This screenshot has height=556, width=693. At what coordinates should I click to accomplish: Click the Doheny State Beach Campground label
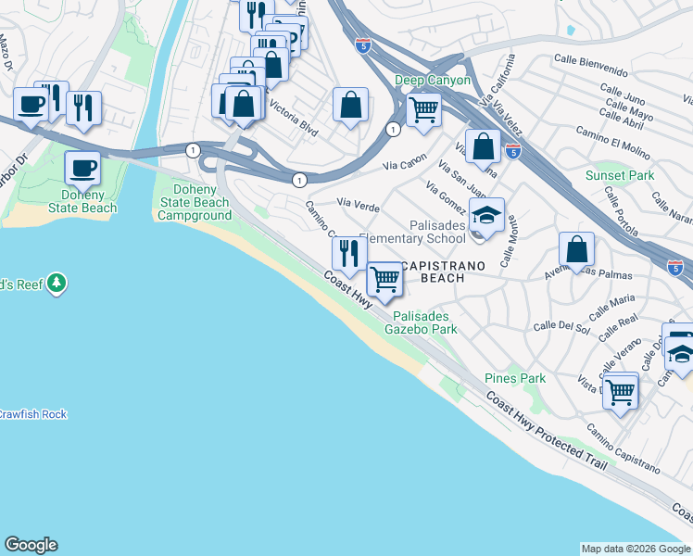pyautogui.click(x=194, y=202)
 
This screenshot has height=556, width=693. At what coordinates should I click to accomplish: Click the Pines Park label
pyautogui.click(x=515, y=378)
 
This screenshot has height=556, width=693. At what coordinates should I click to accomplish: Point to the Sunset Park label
pyautogui.click(x=620, y=175)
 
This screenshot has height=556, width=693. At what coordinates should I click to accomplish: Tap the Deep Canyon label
pyautogui.click(x=433, y=81)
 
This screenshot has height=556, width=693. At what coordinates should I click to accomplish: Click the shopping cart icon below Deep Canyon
pyautogui.click(x=423, y=109)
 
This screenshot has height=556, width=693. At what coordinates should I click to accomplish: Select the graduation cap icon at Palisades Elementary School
pyautogui.click(x=486, y=215)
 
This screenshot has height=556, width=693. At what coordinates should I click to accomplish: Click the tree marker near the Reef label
pyautogui.click(x=57, y=282)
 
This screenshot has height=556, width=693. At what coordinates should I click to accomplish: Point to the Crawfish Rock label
pyautogui.click(x=32, y=414)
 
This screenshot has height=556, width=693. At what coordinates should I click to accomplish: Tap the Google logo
pyautogui.click(x=31, y=545)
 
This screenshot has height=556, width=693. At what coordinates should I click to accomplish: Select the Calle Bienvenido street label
pyautogui.click(x=590, y=66)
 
